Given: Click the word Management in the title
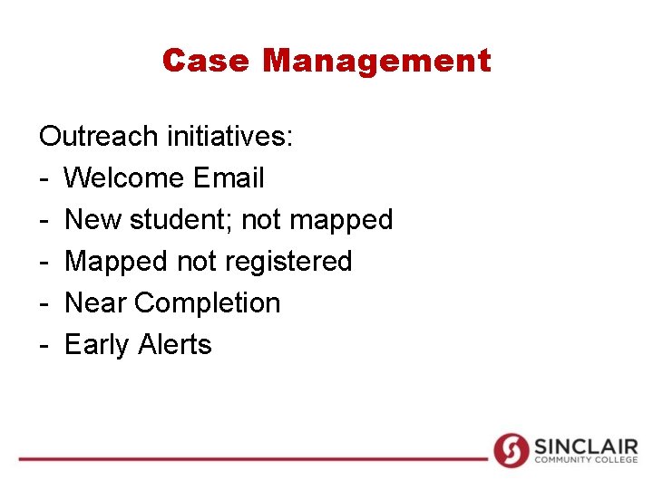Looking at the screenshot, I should point(376,61).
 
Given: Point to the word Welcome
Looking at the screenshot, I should point(124,177).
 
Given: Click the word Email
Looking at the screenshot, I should point(229,177).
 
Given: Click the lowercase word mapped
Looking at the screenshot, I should point(341,221).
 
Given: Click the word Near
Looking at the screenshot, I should point(95,302).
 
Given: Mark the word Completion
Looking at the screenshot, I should point(208,303).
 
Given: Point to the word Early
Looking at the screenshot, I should point(97,345).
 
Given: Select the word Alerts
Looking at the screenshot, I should point(175,344).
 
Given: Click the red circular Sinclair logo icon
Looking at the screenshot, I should point(511,450).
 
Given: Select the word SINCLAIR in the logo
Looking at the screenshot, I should point(585,446).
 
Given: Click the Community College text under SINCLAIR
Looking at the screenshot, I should point(585,461).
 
